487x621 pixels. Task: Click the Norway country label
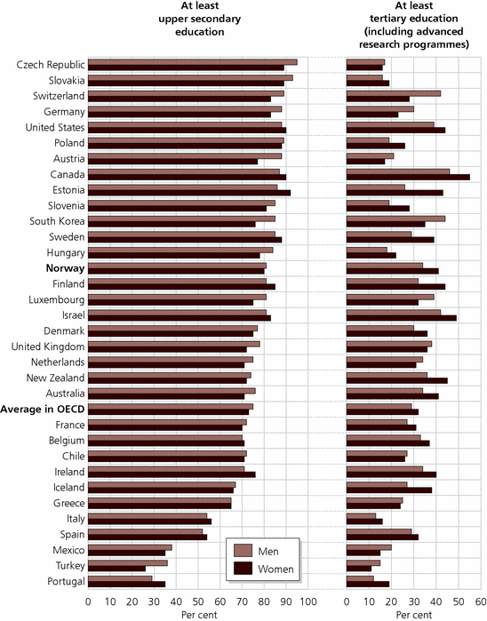[66, 268]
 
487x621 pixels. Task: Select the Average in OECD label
[43, 410]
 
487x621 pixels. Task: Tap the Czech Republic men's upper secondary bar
[193, 62]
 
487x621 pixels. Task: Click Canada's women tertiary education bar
[408, 177]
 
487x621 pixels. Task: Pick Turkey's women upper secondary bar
[116, 569]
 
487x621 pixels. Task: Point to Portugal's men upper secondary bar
[120, 578]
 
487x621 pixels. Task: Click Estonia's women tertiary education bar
[395, 193]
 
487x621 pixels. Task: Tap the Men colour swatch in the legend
[243, 551]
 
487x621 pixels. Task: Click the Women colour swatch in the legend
[243, 569]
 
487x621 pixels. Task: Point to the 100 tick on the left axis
[307, 602]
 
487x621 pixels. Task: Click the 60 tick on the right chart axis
[481, 602]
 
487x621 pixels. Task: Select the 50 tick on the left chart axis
[197, 602]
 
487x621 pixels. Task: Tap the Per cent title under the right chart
[414, 615]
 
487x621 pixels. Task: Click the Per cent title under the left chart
[199, 615]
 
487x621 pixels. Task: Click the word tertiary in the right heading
[388, 19]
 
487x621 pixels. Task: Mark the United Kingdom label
[48, 347]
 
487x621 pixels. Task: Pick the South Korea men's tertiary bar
[395, 219]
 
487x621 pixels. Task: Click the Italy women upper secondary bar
[149, 521]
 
